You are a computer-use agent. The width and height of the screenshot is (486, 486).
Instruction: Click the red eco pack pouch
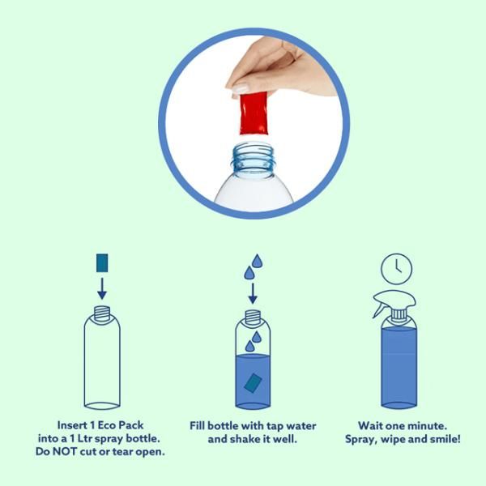click(254, 113)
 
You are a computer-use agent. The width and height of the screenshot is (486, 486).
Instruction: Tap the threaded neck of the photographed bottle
click(254, 158)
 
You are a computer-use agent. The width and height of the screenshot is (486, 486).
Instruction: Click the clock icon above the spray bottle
click(396, 269)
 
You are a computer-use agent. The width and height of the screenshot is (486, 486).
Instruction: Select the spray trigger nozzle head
click(394, 302)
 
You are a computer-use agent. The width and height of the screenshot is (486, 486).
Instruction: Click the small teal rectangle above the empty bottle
click(102, 262)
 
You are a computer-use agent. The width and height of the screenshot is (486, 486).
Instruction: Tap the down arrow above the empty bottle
click(102, 288)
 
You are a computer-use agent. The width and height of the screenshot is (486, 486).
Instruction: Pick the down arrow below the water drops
click(253, 293)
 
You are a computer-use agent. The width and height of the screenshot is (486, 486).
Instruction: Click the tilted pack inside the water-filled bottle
click(253, 383)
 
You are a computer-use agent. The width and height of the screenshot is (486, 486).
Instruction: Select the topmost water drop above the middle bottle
click(258, 261)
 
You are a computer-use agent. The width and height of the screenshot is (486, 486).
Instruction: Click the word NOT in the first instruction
click(66, 451)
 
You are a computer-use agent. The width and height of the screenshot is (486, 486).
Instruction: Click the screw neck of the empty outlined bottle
click(102, 313)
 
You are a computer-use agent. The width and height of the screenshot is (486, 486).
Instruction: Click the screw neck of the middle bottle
click(253, 317)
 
